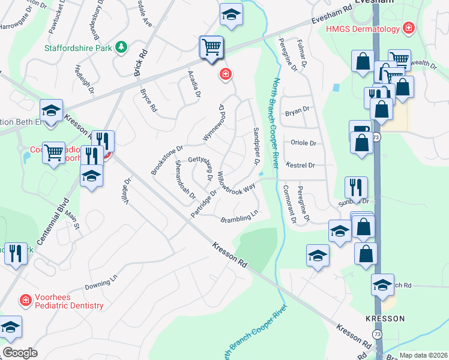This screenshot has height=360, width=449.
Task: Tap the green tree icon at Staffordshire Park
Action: pos(121,46)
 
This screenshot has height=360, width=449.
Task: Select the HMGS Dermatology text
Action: pos(362,29)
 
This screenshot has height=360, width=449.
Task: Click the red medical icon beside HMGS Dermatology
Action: pos(409,28)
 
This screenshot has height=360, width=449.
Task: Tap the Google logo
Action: pos(20,353)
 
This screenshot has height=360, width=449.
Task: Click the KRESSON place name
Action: pos(384,318)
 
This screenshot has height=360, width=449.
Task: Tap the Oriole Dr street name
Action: pos(303,143)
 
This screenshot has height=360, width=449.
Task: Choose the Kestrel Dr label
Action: pos(301,164)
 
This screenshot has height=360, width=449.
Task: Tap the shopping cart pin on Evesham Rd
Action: pos(211,47)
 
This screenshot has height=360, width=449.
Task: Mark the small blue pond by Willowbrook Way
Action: pos(261,175)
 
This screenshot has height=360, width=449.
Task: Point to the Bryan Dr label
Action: pos(297,110)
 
